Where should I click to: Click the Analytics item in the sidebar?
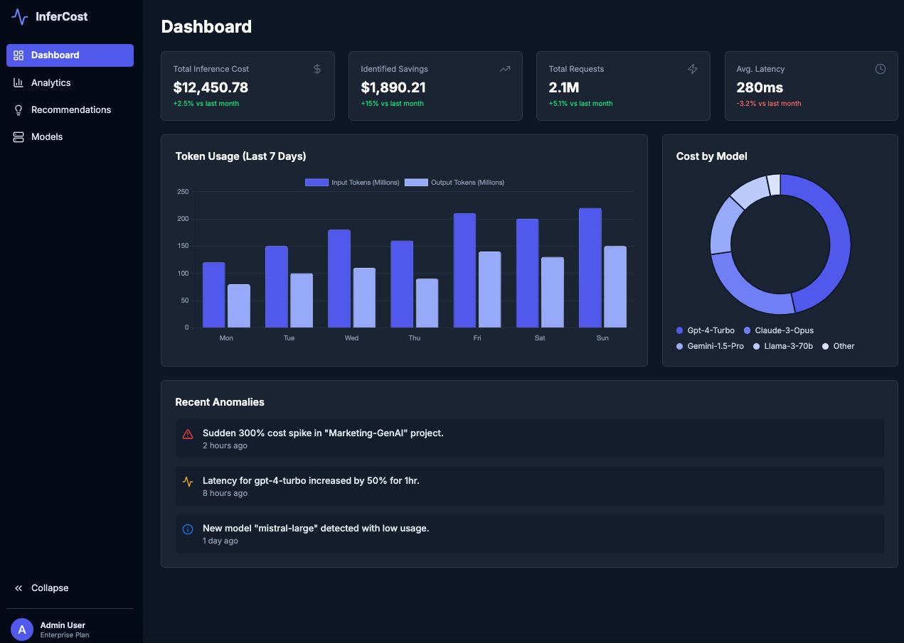[50, 82]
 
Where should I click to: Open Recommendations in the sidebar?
[70, 109]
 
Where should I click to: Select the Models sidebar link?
[47, 136]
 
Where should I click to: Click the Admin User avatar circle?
[22, 630]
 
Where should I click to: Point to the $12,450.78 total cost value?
[211, 87]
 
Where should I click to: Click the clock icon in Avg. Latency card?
[880, 69]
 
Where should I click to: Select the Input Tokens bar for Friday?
[464, 270]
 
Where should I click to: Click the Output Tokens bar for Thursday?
[427, 303]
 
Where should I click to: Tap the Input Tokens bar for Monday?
[213, 295]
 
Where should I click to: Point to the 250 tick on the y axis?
[183, 192]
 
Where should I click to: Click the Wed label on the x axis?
[351, 338]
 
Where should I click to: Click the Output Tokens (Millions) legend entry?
[455, 183]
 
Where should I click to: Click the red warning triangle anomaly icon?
[188, 434]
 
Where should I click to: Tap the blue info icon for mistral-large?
[188, 529]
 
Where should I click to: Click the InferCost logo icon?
[20, 16]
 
